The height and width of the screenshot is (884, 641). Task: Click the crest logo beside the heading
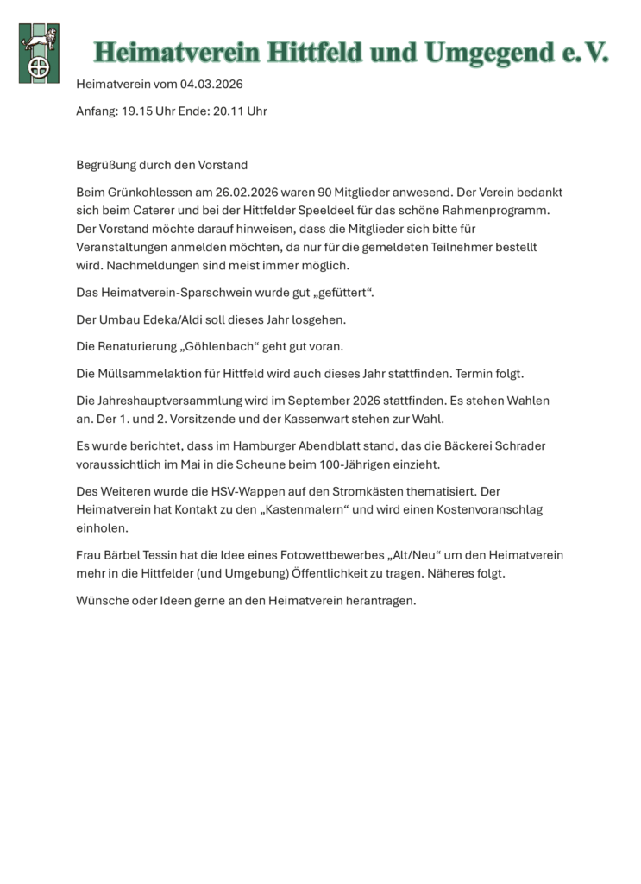[39, 53]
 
